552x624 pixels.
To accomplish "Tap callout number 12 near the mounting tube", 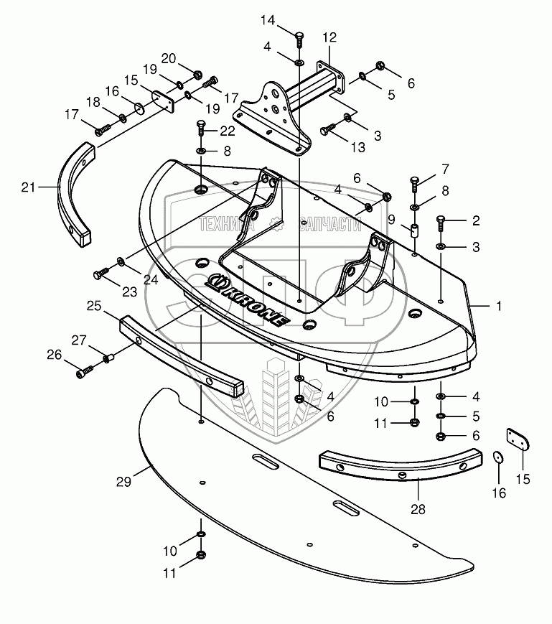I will (329, 37).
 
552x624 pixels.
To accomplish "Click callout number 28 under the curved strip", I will (418, 510).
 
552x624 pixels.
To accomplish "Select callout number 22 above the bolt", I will (228, 130).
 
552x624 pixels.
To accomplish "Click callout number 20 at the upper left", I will (168, 58).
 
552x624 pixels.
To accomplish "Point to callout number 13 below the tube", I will (357, 147).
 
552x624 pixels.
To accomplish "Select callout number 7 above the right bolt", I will (444, 169).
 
